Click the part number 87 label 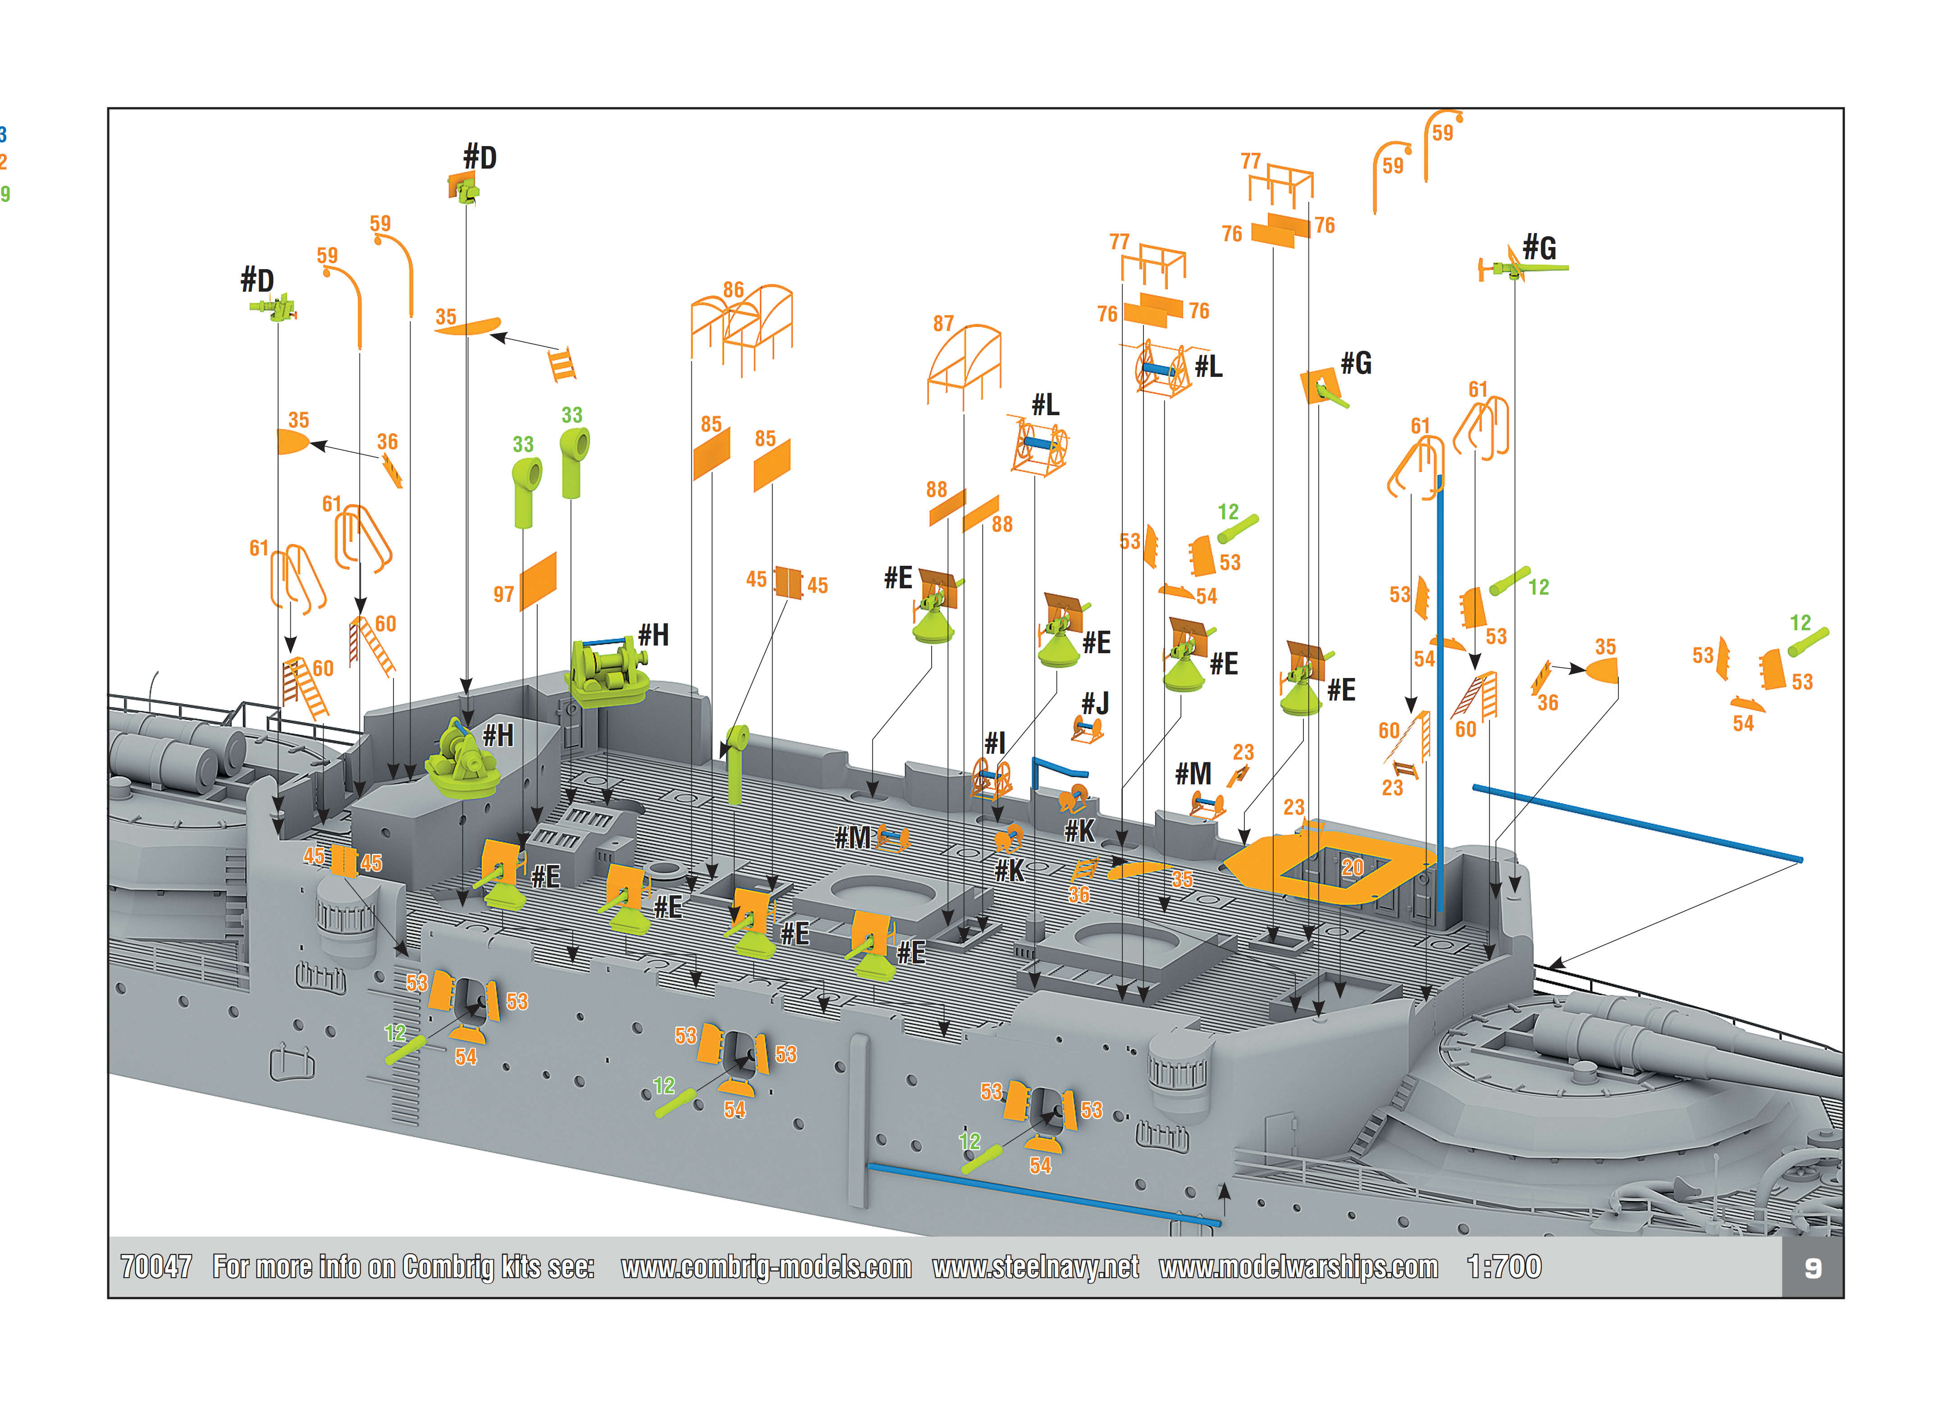[x=943, y=324]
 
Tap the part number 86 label [x=733, y=290]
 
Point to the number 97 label [x=503, y=595]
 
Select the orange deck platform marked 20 [x=1326, y=867]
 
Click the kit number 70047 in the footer [x=156, y=1267]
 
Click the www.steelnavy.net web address [x=1035, y=1267]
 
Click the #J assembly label [x=1095, y=703]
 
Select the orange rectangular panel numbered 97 [x=538, y=582]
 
